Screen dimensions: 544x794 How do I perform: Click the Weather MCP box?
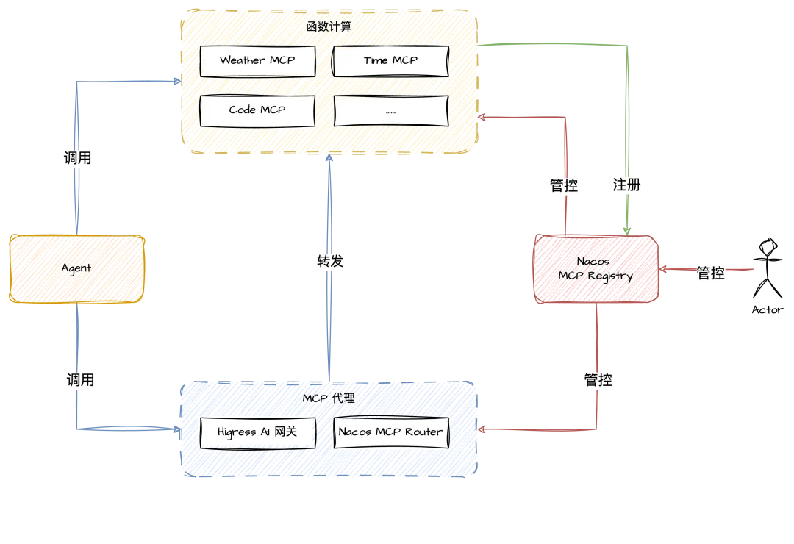click(x=257, y=61)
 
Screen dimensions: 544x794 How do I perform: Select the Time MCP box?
click(x=390, y=61)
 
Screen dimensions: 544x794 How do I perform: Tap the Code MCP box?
click(x=257, y=110)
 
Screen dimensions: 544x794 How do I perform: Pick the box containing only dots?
click(x=390, y=111)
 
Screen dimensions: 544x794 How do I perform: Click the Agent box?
click(x=76, y=268)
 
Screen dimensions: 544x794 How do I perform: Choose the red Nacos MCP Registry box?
click(x=595, y=269)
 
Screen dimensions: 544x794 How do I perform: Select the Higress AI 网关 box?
click(x=257, y=432)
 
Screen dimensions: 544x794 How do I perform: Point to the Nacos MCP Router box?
click(x=390, y=432)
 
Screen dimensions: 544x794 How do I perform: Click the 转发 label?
click(x=330, y=262)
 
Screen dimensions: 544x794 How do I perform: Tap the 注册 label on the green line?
click(x=627, y=185)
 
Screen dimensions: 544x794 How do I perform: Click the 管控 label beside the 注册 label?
click(x=564, y=185)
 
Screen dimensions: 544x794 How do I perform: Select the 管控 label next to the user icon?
click(x=710, y=273)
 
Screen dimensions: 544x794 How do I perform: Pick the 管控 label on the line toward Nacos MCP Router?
click(x=598, y=380)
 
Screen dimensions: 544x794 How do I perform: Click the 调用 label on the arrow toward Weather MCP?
click(x=77, y=158)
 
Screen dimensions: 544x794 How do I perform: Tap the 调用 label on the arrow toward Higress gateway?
click(x=80, y=380)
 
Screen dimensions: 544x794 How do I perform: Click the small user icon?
click(x=768, y=247)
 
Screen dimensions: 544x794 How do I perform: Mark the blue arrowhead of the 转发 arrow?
click(x=329, y=159)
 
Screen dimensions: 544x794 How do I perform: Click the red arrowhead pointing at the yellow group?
click(x=482, y=117)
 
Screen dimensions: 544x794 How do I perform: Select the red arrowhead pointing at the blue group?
click(x=482, y=429)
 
